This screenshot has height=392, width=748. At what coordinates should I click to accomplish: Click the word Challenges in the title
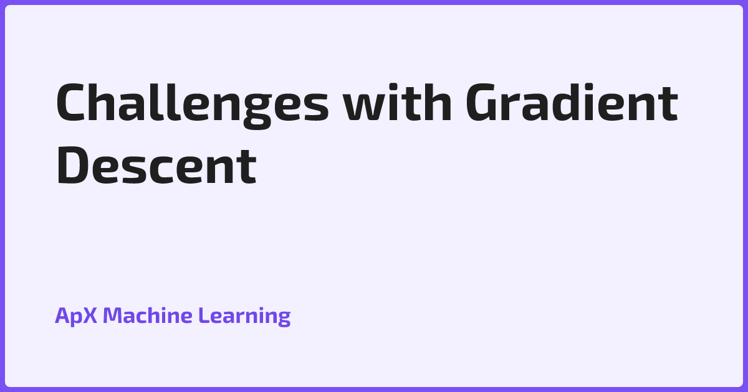tap(192, 104)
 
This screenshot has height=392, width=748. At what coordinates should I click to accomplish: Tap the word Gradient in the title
tap(572, 104)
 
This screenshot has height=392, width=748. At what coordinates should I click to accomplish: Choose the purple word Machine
tap(148, 315)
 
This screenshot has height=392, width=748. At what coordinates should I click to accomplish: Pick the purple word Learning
tap(244, 317)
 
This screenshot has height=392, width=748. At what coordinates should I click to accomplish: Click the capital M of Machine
tap(113, 315)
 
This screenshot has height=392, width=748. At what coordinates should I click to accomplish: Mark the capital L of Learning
tap(204, 315)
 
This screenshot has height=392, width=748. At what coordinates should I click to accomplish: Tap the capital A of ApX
tap(62, 315)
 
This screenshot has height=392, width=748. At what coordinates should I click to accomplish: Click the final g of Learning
tap(284, 319)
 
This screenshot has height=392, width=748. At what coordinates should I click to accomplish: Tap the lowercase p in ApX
tap(77, 318)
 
